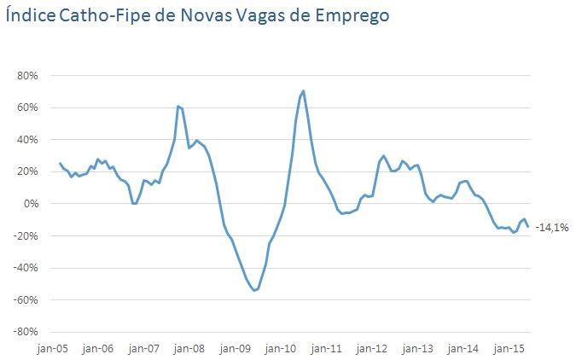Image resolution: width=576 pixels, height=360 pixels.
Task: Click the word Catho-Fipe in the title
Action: pos(92,15)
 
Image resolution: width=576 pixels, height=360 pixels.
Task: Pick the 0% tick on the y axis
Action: pos(31,204)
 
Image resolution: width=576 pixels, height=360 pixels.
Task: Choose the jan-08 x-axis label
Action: pos(190,348)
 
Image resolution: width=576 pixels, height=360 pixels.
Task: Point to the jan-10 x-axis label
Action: pos(282,348)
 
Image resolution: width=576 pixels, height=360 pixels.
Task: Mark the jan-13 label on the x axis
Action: pos(418,348)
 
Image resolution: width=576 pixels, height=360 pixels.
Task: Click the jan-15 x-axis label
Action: pos(509,348)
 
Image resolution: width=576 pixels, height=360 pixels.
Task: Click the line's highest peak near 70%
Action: pos(304,90)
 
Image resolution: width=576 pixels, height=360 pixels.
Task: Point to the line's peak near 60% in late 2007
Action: pos(177,106)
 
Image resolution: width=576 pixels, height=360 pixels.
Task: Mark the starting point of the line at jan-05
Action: pos(60,163)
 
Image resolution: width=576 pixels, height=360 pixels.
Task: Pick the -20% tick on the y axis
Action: pos(26,235)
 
